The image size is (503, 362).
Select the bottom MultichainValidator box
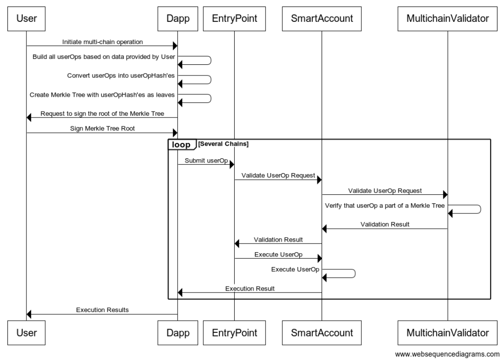447,332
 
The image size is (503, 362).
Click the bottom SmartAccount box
322,332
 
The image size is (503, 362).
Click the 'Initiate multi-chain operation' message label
103,42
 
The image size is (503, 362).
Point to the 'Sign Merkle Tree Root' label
103,129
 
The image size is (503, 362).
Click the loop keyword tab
181,144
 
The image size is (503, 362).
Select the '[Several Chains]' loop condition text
224,144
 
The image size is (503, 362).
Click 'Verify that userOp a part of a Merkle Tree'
385,205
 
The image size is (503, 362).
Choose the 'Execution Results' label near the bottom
103,310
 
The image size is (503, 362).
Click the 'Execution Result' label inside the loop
250,288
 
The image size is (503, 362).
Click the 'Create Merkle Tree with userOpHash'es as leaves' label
103,94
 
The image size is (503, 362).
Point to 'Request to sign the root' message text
103,113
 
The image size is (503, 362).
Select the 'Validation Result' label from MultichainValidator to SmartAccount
385,224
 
